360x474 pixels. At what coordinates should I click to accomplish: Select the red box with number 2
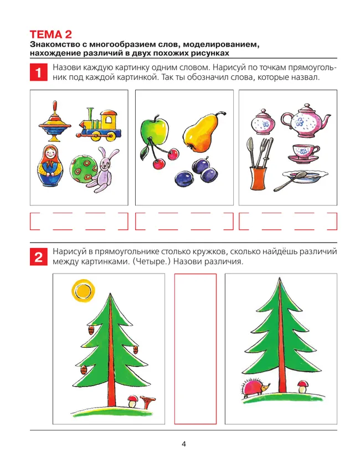click(x=38, y=256)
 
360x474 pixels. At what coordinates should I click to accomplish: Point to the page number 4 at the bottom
click(x=183, y=444)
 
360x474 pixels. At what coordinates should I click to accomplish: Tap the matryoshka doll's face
click(x=54, y=153)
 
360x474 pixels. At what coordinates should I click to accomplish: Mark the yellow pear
click(x=200, y=131)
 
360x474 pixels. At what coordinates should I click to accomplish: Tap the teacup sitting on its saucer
click(x=304, y=152)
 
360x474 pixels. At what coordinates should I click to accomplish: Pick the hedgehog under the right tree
click(x=255, y=388)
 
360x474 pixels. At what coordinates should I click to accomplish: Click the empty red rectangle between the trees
click(x=195, y=349)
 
